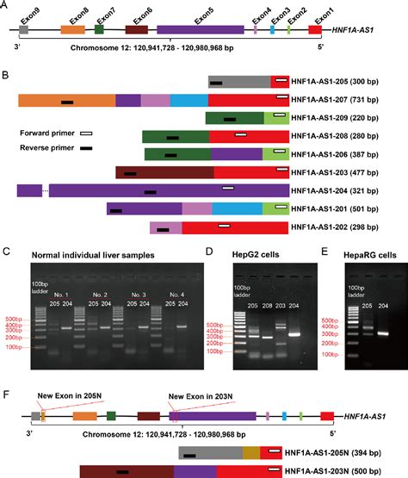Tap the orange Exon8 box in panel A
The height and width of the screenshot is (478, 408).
(72, 29)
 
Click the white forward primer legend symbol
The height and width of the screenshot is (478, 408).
(87, 133)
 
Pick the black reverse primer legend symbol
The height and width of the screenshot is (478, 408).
(87, 149)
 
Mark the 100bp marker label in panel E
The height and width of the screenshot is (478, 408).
(330, 355)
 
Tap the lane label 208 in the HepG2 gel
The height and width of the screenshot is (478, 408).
(266, 307)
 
